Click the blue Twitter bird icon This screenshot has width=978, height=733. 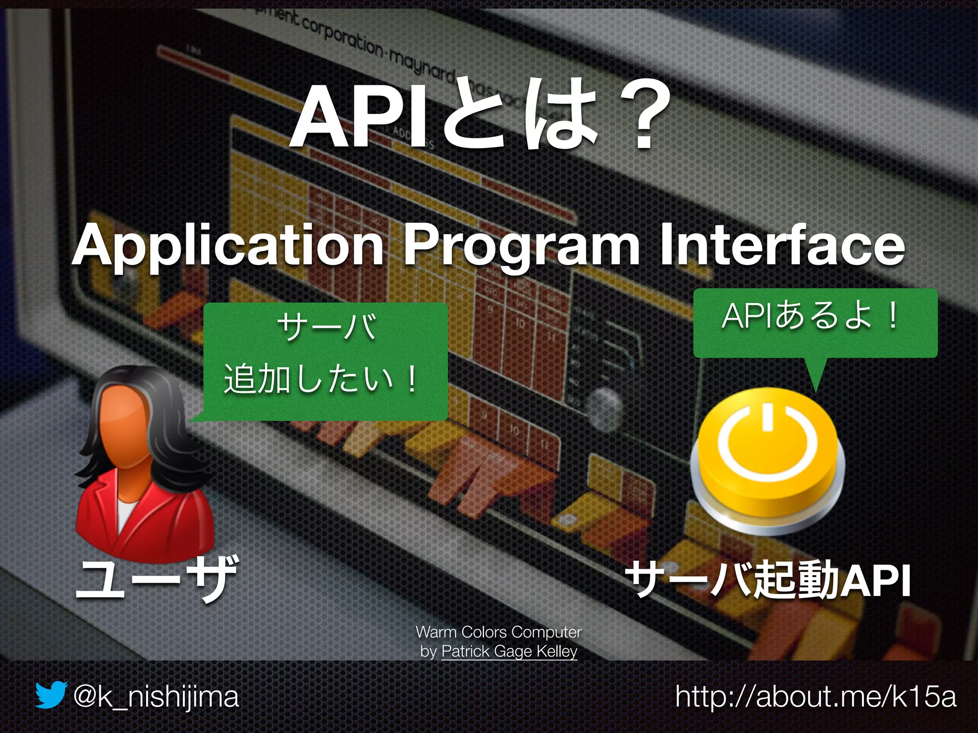pyautogui.click(x=50, y=695)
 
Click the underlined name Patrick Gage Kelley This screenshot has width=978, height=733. pyautogui.click(x=509, y=651)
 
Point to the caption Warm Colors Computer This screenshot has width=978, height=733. pyautogui.click(x=499, y=632)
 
